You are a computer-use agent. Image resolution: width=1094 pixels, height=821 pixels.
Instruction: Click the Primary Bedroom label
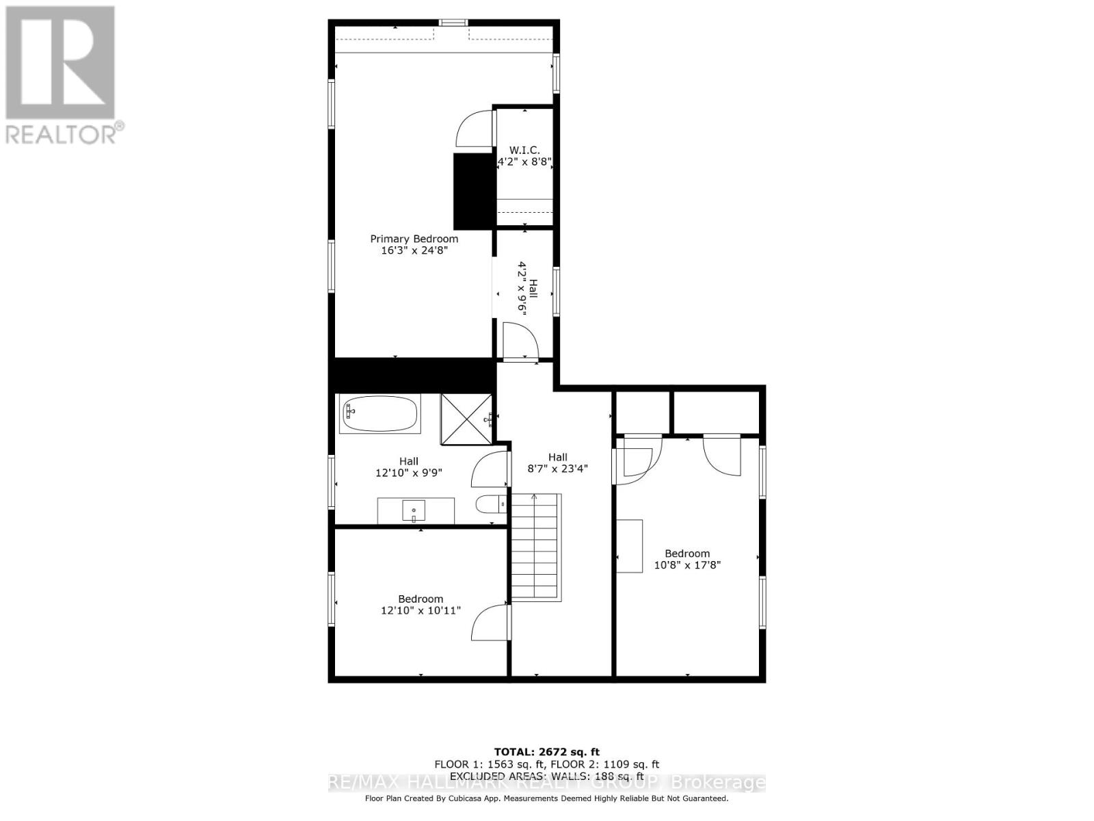click(x=414, y=239)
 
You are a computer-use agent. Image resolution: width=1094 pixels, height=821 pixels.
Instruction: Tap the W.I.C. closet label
click(x=524, y=150)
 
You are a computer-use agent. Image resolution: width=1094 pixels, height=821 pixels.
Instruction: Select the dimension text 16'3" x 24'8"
click(x=414, y=250)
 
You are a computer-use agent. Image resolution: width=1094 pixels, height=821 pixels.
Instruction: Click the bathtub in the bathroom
click(x=380, y=414)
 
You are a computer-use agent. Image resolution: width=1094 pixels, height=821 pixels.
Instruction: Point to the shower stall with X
click(x=466, y=418)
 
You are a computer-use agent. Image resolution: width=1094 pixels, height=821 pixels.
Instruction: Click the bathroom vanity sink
click(x=414, y=510)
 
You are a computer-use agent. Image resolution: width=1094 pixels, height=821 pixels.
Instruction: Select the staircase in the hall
click(x=536, y=547)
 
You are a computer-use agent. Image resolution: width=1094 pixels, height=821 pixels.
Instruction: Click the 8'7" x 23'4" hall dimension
click(x=557, y=469)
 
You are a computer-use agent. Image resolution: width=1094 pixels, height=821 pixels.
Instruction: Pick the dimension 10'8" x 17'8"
click(x=687, y=565)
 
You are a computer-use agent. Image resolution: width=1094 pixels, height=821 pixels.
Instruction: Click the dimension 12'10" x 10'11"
click(x=421, y=610)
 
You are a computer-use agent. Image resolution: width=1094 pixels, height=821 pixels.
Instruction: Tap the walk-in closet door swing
click(x=475, y=127)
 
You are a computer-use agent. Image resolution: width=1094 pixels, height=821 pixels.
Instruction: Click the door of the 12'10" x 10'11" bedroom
click(x=490, y=623)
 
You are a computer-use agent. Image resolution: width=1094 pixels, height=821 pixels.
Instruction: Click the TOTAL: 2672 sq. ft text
click(x=546, y=752)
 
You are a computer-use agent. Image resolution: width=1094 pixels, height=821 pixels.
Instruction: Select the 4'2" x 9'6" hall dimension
click(x=524, y=287)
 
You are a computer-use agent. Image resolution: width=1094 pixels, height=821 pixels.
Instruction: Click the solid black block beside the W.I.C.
click(x=474, y=191)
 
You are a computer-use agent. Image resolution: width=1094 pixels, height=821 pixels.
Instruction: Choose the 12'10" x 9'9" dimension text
click(x=409, y=472)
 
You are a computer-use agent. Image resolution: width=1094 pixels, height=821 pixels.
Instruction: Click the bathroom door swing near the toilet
click(x=490, y=469)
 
